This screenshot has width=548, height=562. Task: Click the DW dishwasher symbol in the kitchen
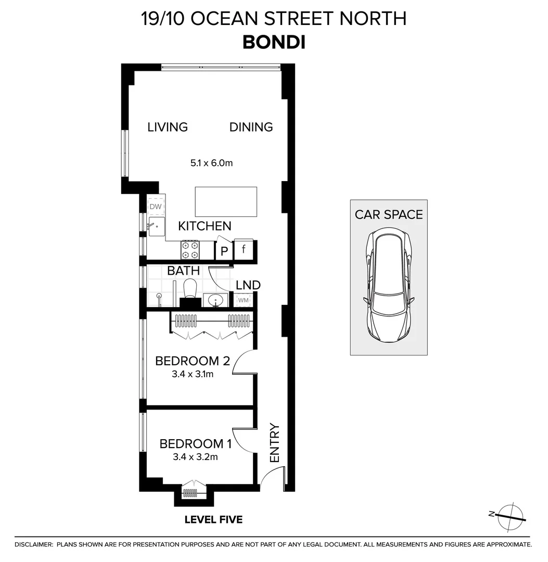156,206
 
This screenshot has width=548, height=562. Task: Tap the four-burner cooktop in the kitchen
190,250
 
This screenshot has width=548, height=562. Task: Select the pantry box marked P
224,250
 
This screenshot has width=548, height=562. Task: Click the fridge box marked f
244,249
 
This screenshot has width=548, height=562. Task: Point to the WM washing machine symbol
244,300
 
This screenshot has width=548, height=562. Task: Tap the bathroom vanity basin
216,300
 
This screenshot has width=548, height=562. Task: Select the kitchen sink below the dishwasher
157,226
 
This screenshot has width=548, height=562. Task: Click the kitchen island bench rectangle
226,202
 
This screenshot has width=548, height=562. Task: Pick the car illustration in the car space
389,286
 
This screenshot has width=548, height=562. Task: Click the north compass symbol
509,516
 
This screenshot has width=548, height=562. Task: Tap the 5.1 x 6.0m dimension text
211,163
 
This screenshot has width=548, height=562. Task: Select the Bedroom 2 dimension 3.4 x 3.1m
193,374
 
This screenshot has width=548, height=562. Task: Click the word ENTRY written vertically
274,443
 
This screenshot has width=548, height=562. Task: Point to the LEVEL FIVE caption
213,519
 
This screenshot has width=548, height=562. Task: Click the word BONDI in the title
274,42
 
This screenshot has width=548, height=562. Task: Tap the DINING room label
251,127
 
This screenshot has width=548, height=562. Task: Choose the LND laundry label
248,285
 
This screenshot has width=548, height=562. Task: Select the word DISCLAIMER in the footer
33,545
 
